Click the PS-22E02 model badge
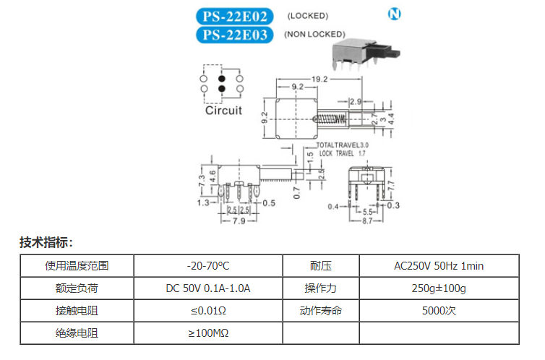click(235, 17)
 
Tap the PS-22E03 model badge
click(235, 35)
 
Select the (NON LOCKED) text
click(314, 34)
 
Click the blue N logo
click(394, 14)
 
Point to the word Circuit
click(223, 111)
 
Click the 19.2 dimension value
click(319, 80)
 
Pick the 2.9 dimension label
click(356, 101)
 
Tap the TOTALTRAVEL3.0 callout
click(343, 145)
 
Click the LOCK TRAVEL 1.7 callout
click(343, 153)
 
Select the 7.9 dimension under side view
click(239, 220)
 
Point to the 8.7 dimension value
click(367, 220)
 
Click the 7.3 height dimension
click(202, 180)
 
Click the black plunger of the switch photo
click(388, 52)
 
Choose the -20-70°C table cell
click(208, 266)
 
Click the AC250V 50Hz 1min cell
click(439, 266)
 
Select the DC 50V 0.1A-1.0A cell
click(208, 288)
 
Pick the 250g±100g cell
click(439, 288)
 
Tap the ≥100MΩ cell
click(208, 333)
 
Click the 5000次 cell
click(439, 310)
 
